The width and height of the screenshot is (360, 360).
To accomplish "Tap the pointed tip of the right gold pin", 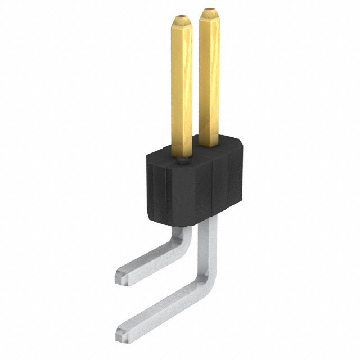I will (210, 12).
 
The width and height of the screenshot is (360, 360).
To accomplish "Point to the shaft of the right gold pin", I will (209, 79).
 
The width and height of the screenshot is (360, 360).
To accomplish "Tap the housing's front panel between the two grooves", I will (191, 191).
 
